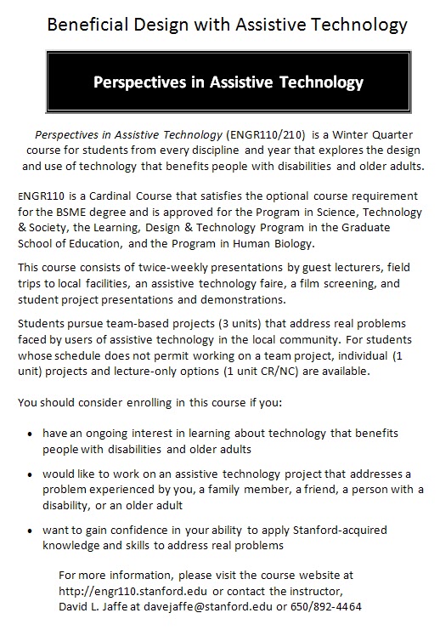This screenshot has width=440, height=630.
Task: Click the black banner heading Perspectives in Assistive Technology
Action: pyautogui.click(x=228, y=83)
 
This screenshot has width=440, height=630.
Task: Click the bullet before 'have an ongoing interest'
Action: pyautogui.click(x=31, y=433)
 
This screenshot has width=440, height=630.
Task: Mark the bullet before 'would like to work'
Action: pyautogui.click(x=31, y=474)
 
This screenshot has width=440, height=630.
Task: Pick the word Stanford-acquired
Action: pyautogui.click(x=342, y=530)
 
